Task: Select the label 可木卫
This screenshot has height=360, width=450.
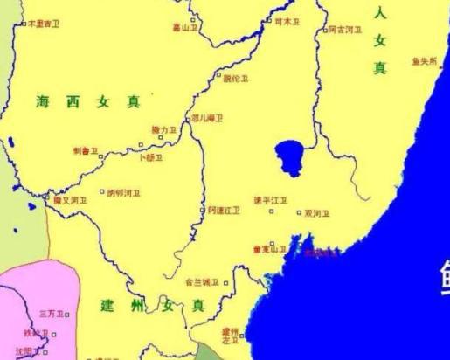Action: click(286, 21)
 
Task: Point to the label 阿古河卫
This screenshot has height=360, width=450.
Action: click(345, 30)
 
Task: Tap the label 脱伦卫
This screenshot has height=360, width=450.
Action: click(236, 78)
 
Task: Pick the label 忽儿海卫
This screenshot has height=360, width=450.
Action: click(208, 118)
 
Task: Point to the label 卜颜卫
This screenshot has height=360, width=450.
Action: click(151, 157)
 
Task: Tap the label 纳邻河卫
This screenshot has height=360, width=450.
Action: click(122, 193)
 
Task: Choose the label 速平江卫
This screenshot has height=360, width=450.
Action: click(270, 201)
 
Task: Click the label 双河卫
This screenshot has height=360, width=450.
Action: click(317, 212)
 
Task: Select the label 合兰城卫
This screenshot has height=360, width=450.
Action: click(201, 282)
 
